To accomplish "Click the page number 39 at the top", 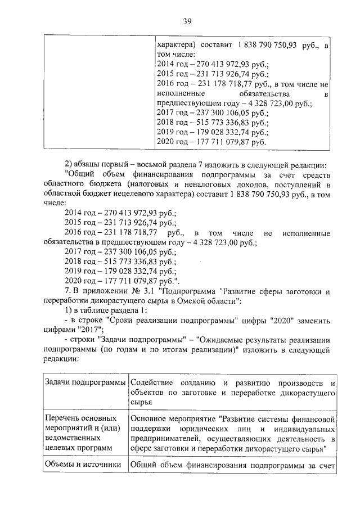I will tap(188, 21).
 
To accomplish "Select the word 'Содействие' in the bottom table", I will tap(152, 383).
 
